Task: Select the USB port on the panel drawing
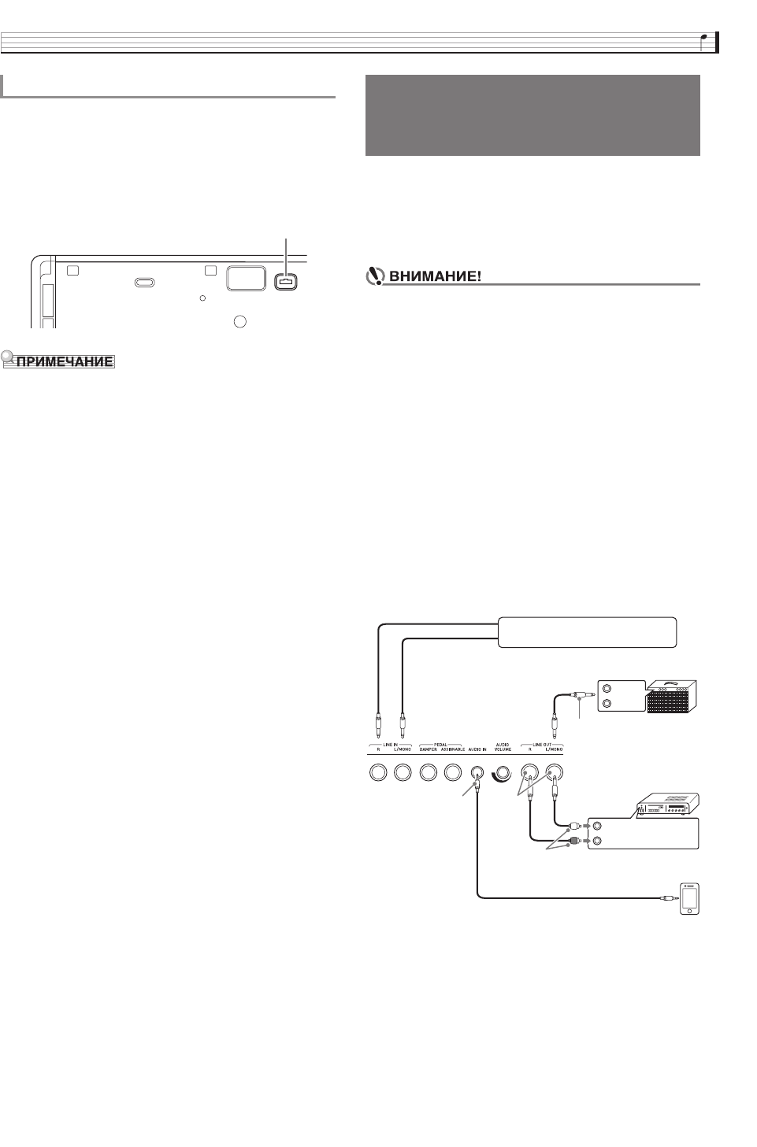[285, 281]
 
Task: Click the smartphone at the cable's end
[689, 898]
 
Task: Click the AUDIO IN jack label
[477, 749]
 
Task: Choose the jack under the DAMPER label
[428, 774]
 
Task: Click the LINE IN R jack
[377, 774]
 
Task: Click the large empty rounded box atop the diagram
[586, 632]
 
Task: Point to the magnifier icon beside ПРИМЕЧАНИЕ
[9, 360]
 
